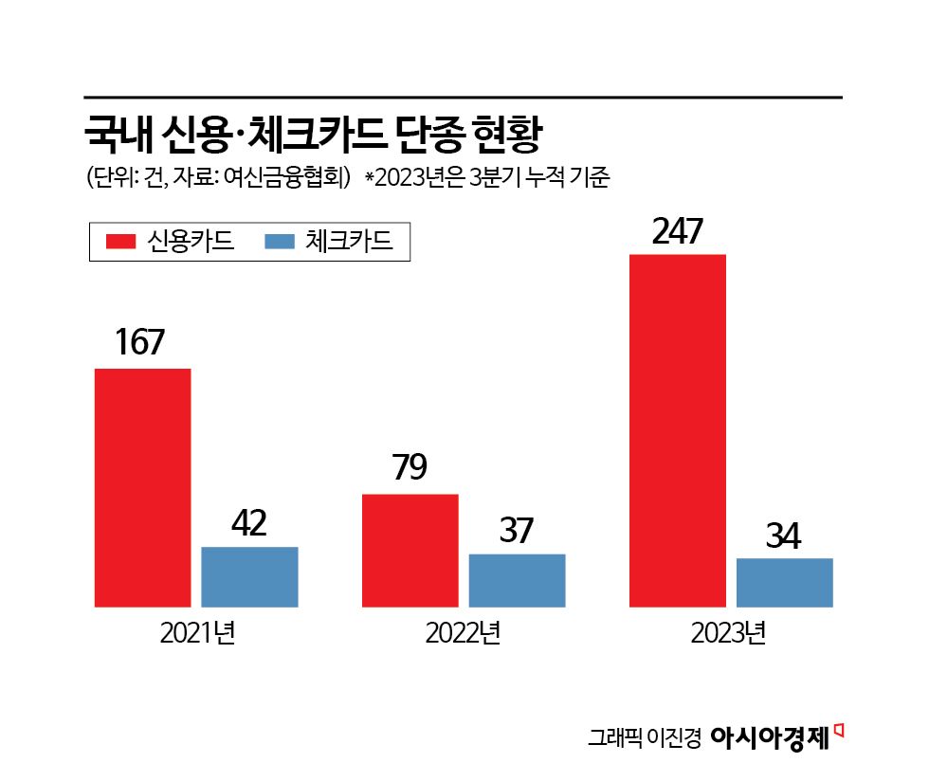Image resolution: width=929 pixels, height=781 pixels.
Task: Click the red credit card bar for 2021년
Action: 143,487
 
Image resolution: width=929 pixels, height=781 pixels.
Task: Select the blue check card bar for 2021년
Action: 249,576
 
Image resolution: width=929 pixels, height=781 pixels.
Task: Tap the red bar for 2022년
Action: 410,550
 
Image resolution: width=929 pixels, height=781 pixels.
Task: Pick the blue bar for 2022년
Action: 517,580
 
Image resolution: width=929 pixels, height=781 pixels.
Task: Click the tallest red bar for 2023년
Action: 678,430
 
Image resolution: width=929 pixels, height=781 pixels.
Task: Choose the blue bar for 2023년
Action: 784,582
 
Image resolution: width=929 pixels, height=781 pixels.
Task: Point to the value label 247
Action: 677,231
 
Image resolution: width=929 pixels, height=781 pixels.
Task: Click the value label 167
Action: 141,343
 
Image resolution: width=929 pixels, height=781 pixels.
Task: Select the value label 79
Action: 409,469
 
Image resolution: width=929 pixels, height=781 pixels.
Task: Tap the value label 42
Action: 248,523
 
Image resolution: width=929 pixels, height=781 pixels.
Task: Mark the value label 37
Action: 517,531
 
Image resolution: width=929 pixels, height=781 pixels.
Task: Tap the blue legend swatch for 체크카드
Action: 280,242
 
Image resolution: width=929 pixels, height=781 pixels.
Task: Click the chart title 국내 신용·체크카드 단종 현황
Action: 312,135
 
